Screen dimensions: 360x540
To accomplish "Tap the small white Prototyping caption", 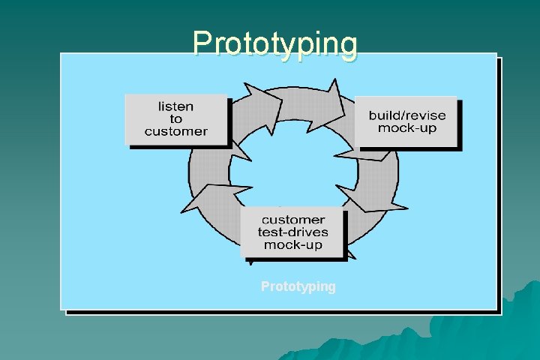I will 298,286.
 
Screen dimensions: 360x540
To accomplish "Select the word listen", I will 175,106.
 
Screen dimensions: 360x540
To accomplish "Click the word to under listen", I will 175,118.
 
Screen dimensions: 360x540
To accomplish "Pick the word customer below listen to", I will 175,131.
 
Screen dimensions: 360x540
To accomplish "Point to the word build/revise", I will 406,115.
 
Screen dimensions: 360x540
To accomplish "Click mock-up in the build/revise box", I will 406,127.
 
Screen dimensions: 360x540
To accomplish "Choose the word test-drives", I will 292,232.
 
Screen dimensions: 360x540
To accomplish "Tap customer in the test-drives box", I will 292,220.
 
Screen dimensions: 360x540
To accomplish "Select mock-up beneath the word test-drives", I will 292,244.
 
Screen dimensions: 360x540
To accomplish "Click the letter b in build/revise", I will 372,115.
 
